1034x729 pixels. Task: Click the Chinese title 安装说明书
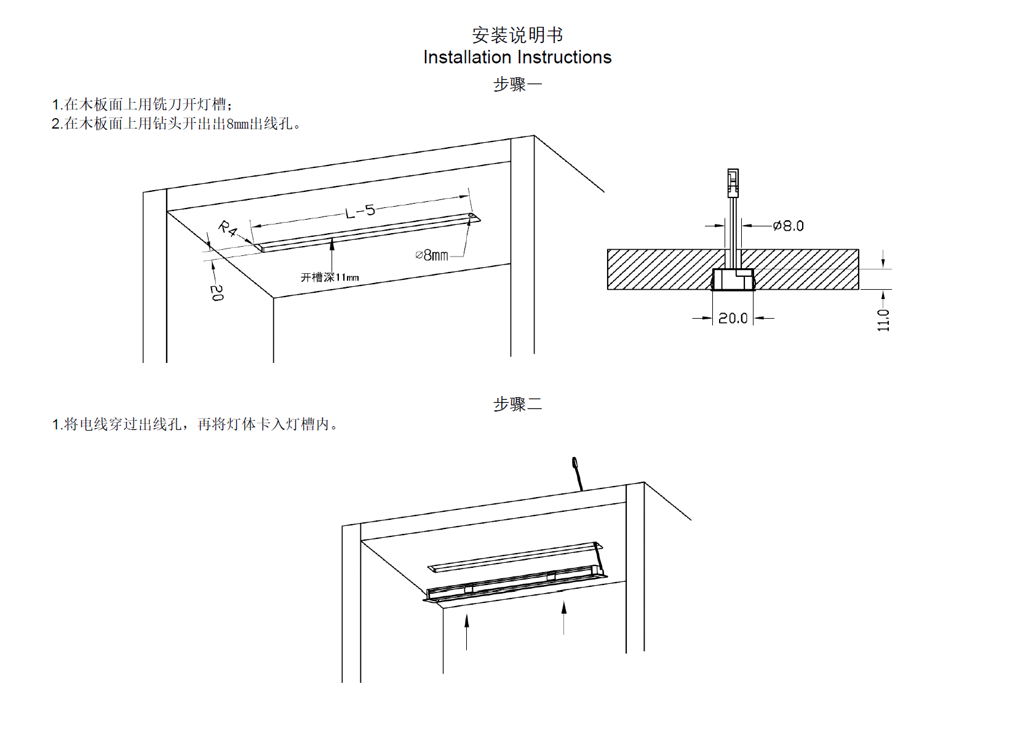point(517,35)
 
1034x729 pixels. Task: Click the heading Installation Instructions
point(517,57)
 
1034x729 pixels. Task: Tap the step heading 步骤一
point(517,84)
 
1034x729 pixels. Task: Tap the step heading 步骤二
point(517,404)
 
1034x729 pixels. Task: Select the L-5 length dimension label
point(360,212)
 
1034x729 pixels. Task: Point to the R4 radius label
point(228,229)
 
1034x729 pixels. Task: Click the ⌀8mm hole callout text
point(432,255)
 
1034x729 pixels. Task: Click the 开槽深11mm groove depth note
point(330,277)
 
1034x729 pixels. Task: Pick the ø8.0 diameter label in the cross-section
point(788,226)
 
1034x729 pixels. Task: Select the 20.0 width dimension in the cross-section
point(733,318)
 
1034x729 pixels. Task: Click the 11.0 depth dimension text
point(883,320)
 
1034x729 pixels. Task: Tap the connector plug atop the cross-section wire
point(733,183)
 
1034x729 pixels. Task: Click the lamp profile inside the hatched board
point(733,279)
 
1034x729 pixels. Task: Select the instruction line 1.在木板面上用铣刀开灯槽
point(142,105)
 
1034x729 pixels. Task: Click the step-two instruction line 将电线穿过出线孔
point(195,424)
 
